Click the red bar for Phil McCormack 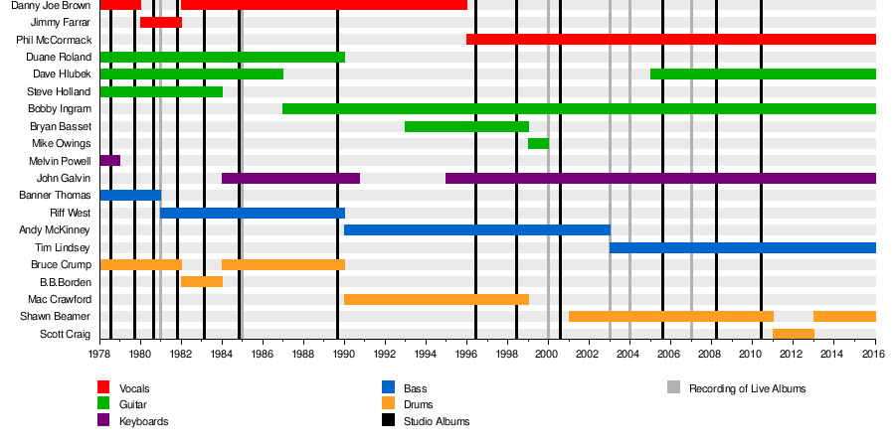pos(671,40)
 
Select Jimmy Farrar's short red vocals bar pos(161,22)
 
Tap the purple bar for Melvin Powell pos(109,160)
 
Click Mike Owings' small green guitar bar pos(538,143)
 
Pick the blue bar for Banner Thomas pos(130,195)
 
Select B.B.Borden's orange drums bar pos(202,281)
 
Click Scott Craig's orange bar pos(794,333)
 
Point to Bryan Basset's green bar pos(466,126)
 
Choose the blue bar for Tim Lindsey pos(743,247)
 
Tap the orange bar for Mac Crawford pos(437,299)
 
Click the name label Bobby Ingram pos(60,108)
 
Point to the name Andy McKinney pos(56,229)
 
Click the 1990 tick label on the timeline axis pos(344,354)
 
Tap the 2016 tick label pos(875,354)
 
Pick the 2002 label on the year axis pos(589,354)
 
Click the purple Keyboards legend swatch pos(103,421)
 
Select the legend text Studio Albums pos(437,421)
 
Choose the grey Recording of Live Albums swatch pos(673,387)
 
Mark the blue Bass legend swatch pos(388,387)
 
